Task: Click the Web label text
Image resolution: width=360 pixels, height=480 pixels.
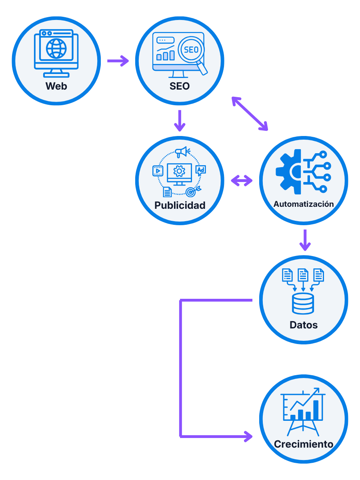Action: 56,86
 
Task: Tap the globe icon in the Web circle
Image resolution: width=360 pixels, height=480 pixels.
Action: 56,48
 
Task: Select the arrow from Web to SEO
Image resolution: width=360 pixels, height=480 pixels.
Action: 118,61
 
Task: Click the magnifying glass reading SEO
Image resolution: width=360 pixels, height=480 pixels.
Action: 191,51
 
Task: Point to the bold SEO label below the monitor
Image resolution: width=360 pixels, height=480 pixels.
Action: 180,86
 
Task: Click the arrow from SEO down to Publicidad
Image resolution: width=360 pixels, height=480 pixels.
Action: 180,121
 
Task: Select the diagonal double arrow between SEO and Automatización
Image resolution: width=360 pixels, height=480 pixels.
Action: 250,114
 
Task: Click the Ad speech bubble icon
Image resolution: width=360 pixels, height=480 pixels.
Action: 201,170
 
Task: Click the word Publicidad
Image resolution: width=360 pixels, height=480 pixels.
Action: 180,205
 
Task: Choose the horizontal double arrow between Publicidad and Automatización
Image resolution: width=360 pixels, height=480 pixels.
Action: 242,181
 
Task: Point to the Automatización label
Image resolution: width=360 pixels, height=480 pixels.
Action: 304,204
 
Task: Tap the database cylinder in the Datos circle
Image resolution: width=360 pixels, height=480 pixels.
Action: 303,303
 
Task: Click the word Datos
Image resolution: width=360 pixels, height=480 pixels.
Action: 304,325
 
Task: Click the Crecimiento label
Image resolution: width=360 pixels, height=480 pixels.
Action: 304,444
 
